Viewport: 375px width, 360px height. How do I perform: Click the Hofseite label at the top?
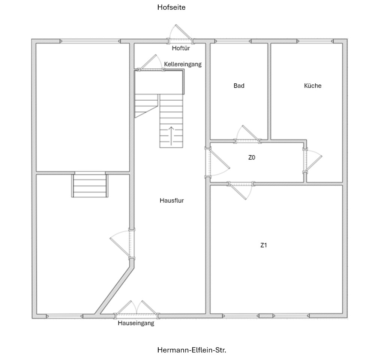tap(171, 7)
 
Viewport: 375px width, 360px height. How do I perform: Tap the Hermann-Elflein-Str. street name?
tap(192, 350)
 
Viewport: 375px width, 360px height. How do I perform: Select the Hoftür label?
tap(181, 48)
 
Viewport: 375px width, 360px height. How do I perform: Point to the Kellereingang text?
tap(183, 64)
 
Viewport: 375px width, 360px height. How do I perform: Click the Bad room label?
tap(239, 86)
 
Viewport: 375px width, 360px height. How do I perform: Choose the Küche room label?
tap(313, 86)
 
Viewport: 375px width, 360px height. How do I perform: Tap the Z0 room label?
tap(252, 158)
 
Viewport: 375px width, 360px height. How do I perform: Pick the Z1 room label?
tap(264, 245)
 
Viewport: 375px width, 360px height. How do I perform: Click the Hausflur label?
tap(172, 200)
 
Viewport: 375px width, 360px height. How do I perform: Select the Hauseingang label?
tap(136, 323)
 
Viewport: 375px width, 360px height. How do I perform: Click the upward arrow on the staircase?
tap(171, 136)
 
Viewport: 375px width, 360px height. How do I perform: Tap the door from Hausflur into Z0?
tap(216, 163)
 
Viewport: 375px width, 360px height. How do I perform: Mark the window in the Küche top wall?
tap(315, 41)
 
